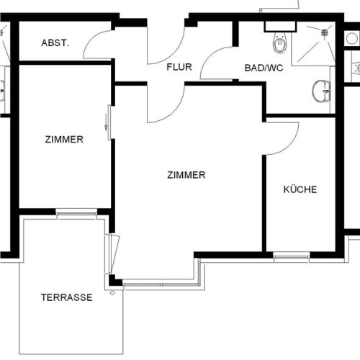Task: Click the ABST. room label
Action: (55, 43)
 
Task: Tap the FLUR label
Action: (179, 68)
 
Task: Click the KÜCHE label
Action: (300, 190)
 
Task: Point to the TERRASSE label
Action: (66, 297)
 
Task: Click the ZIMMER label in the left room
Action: (63, 140)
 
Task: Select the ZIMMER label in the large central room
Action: (186, 175)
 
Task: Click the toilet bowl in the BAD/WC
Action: (279, 45)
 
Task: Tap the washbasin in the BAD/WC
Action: (321, 91)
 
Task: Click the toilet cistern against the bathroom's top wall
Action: (275, 27)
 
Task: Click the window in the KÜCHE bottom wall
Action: (292, 255)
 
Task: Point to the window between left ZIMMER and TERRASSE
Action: (76, 212)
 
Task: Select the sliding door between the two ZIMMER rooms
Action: (108, 122)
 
